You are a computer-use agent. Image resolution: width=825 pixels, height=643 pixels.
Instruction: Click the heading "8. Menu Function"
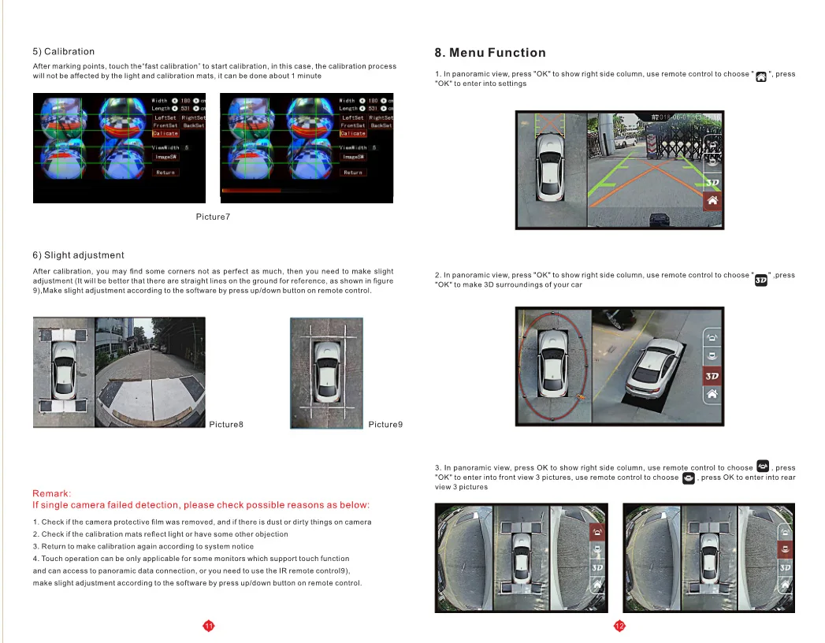click(x=490, y=53)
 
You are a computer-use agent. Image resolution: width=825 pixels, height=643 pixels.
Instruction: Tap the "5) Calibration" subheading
click(x=63, y=51)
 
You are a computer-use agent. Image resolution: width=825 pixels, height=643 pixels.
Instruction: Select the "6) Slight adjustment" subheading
click(x=78, y=255)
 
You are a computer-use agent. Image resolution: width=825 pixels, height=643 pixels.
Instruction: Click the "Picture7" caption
click(x=213, y=217)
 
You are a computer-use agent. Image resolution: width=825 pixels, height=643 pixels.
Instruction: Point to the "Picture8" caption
click(x=226, y=425)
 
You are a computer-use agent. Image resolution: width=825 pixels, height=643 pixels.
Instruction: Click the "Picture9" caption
click(x=385, y=425)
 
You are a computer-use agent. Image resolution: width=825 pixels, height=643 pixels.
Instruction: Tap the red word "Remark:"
click(x=51, y=493)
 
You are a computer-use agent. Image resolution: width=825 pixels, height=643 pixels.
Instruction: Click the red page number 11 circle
click(x=209, y=626)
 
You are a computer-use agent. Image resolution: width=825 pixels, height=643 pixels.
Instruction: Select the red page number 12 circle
click(x=619, y=626)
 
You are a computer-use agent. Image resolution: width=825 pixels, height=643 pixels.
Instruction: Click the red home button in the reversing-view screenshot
click(x=712, y=201)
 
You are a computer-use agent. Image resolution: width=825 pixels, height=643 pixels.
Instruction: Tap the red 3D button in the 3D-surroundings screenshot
click(x=712, y=377)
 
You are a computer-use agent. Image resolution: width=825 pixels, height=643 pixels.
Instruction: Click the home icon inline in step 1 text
click(x=760, y=76)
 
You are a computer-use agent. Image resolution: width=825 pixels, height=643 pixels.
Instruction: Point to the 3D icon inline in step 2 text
click(x=760, y=279)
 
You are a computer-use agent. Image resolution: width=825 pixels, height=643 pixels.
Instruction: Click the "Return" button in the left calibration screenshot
click(x=165, y=173)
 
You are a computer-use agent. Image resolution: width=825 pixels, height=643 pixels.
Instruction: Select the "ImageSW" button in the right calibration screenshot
click(x=353, y=157)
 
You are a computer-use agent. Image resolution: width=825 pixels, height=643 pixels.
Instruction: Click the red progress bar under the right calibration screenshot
click(x=251, y=191)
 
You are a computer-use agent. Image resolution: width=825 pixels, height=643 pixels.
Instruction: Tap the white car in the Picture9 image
click(x=326, y=373)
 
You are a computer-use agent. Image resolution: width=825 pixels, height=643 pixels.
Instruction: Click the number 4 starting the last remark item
click(x=35, y=559)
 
